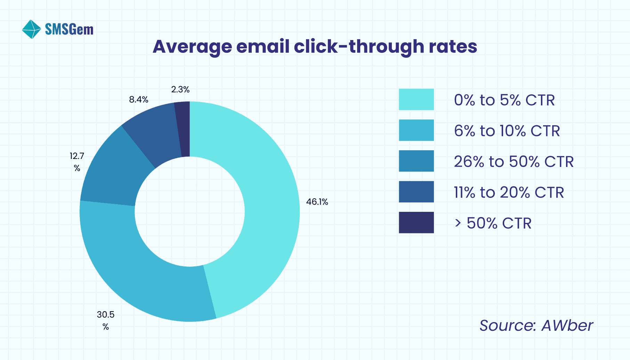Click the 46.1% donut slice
[x=268, y=202]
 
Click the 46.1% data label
[x=317, y=202]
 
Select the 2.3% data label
[x=180, y=90]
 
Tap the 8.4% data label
[x=138, y=100]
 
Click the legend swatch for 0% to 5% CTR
[x=416, y=99]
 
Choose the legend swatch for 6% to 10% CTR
[x=416, y=130]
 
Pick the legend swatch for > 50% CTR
[x=416, y=223]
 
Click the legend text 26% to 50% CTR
[x=514, y=162]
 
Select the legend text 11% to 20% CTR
[x=509, y=192]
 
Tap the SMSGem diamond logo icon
[x=31, y=29]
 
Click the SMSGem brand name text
[x=69, y=30]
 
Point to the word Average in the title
[x=192, y=47]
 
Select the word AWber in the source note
[x=567, y=326]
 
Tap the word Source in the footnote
[x=507, y=326]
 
